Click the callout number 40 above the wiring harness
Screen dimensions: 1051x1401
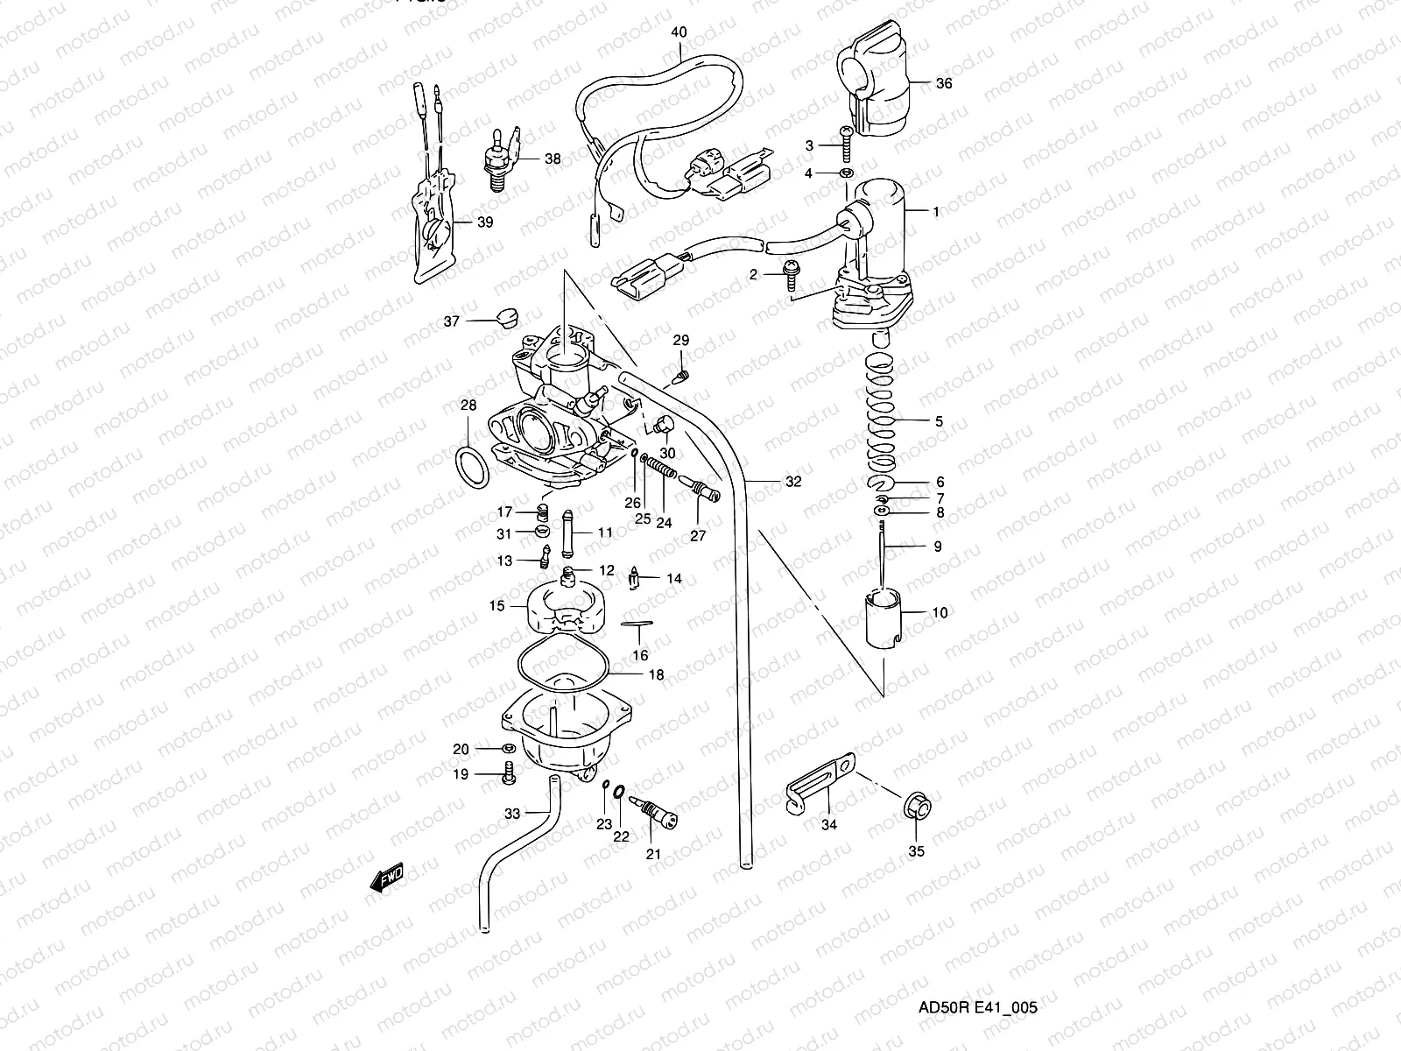pos(679,32)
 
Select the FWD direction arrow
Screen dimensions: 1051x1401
pos(386,878)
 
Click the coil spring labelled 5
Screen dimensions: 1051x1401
pos(881,403)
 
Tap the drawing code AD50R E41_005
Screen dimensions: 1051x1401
pos(976,1007)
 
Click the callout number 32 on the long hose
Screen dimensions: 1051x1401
pos(792,482)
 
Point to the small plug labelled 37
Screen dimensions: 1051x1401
pos(504,316)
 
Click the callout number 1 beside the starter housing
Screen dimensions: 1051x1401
pos(936,212)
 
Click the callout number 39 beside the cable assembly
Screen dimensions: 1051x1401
pos(485,222)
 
